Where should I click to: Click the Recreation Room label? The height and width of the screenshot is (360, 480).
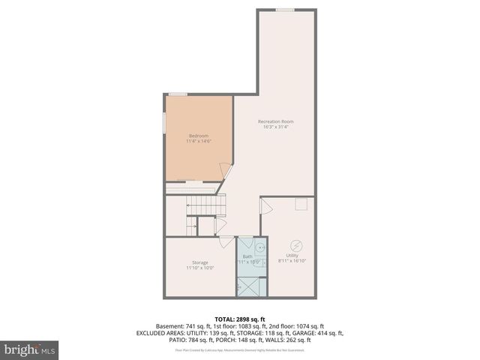pyautogui.click(x=275, y=121)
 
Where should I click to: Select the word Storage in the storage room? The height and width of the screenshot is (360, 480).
pyautogui.click(x=199, y=262)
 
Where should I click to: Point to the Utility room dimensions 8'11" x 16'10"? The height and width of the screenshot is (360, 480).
pyautogui.click(x=292, y=261)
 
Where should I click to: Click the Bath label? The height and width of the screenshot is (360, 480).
pyautogui.click(x=247, y=256)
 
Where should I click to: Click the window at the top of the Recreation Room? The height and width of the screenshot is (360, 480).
pyautogui.click(x=284, y=10)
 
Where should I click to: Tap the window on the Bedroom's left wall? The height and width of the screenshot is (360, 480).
pyautogui.click(x=166, y=122)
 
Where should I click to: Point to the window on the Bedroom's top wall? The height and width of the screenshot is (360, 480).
pyautogui.click(x=178, y=94)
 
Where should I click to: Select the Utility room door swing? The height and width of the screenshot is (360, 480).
pyautogui.click(x=268, y=205)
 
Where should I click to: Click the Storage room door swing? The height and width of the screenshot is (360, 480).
pyautogui.click(x=226, y=241)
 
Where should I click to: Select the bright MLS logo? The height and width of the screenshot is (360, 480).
pyautogui.click(x=29, y=349)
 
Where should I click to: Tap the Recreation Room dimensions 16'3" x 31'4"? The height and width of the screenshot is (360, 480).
pyautogui.click(x=275, y=127)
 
